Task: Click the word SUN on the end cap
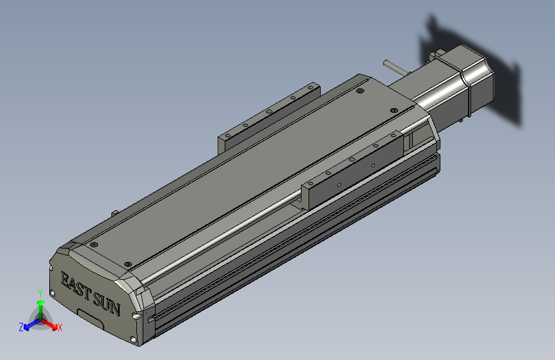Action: click(x=107, y=303)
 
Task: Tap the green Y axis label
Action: click(x=40, y=293)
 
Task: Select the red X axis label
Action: click(x=60, y=327)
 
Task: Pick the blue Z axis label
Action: click(x=20, y=327)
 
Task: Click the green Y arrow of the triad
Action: click(x=40, y=306)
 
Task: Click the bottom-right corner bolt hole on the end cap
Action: click(x=133, y=339)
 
